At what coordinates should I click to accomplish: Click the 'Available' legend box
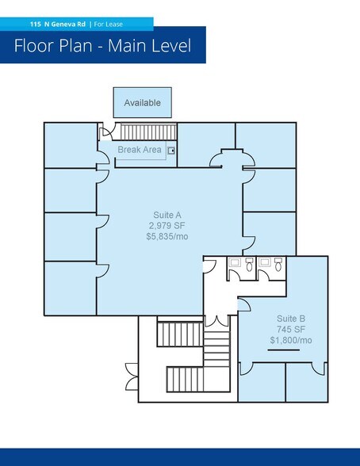142,103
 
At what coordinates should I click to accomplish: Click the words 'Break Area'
140,150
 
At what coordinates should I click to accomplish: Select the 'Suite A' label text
167,215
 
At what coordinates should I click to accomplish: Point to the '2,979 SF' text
167,225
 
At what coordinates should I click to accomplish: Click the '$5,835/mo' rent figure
167,235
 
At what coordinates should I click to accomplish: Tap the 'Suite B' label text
290,319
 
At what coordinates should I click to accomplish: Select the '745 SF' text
290,330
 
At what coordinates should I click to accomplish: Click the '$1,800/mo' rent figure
290,340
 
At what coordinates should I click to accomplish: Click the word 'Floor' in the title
36,46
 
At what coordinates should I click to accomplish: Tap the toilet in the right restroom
268,269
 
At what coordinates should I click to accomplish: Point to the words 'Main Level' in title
151,46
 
